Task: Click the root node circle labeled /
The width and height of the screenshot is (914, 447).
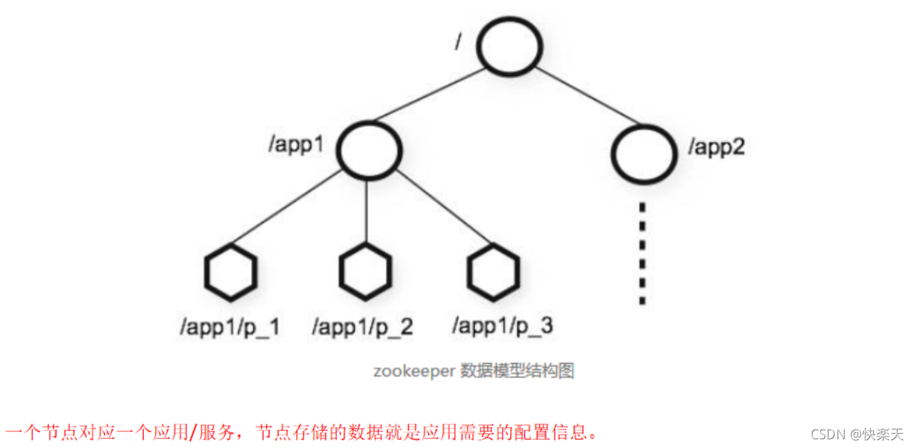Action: [510, 44]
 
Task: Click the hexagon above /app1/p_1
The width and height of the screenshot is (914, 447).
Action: [230, 271]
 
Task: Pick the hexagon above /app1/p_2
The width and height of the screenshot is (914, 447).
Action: [364, 271]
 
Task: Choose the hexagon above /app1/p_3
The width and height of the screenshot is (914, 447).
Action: [494, 271]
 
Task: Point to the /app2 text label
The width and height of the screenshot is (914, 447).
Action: [717, 149]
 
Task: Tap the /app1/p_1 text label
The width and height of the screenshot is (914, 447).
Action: [230, 327]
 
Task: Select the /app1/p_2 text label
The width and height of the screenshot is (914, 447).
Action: [363, 327]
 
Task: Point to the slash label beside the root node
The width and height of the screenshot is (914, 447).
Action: [459, 41]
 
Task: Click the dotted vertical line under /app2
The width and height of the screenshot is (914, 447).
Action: [642, 253]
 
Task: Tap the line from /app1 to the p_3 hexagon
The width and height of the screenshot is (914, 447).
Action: [433, 209]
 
